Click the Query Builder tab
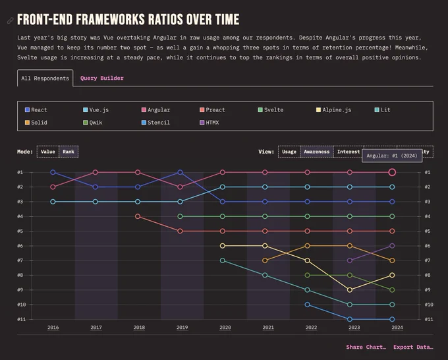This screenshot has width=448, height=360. (101, 78)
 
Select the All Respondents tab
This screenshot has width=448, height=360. (45, 78)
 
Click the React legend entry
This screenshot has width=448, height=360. (36, 110)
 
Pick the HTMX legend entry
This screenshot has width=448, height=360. (209, 123)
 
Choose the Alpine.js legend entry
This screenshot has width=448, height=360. (334, 110)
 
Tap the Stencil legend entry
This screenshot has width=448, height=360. (155, 123)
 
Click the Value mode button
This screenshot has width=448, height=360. (47, 152)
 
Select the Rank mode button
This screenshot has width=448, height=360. (69, 152)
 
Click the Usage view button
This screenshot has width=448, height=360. (289, 152)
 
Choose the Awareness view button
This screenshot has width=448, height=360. (317, 152)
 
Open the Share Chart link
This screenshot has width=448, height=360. (366, 347)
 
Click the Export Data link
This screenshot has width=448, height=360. (413, 347)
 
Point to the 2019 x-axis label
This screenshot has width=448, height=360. (182, 328)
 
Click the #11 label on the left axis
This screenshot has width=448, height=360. (22, 319)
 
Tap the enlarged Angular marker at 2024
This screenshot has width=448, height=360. (392, 172)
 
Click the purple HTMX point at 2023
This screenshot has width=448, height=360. (349, 260)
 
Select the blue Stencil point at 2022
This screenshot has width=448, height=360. (307, 305)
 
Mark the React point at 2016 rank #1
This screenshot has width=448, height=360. (53, 172)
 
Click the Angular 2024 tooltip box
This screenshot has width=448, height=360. (392, 156)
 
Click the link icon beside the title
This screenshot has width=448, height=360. (11, 20)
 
